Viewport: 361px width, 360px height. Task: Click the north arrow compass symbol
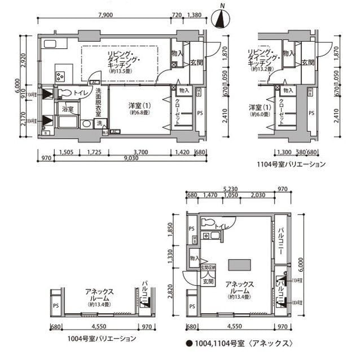[222, 18]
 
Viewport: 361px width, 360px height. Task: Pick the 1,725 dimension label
[94, 152]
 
